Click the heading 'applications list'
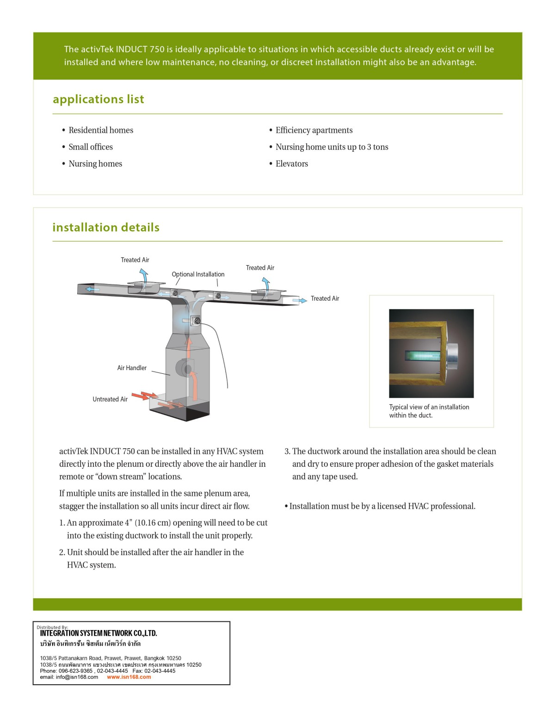pyautogui.click(x=98, y=99)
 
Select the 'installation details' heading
pyautogui.click(x=106, y=228)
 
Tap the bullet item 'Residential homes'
pyautogui.click(x=101, y=130)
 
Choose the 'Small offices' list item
pyautogui.click(x=91, y=147)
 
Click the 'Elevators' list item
pyautogui.click(x=291, y=164)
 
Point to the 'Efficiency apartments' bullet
pyautogui.click(x=314, y=130)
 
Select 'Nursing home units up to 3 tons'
pyautogui.click(x=332, y=147)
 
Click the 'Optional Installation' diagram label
pyautogui.click(x=198, y=274)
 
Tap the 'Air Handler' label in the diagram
pyautogui.click(x=132, y=368)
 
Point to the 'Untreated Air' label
pyautogui.click(x=110, y=400)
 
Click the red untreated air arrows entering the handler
pyautogui.click(x=144, y=396)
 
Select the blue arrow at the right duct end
pyautogui.click(x=300, y=301)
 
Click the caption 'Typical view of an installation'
pyautogui.click(x=429, y=407)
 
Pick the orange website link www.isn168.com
pyautogui.click(x=129, y=677)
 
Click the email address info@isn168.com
pyautogui.click(x=69, y=677)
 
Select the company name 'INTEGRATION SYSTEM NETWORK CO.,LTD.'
pyautogui.click(x=99, y=633)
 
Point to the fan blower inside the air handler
pyautogui.click(x=187, y=368)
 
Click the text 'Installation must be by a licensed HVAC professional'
pyautogui.click(x=382, y=507)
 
